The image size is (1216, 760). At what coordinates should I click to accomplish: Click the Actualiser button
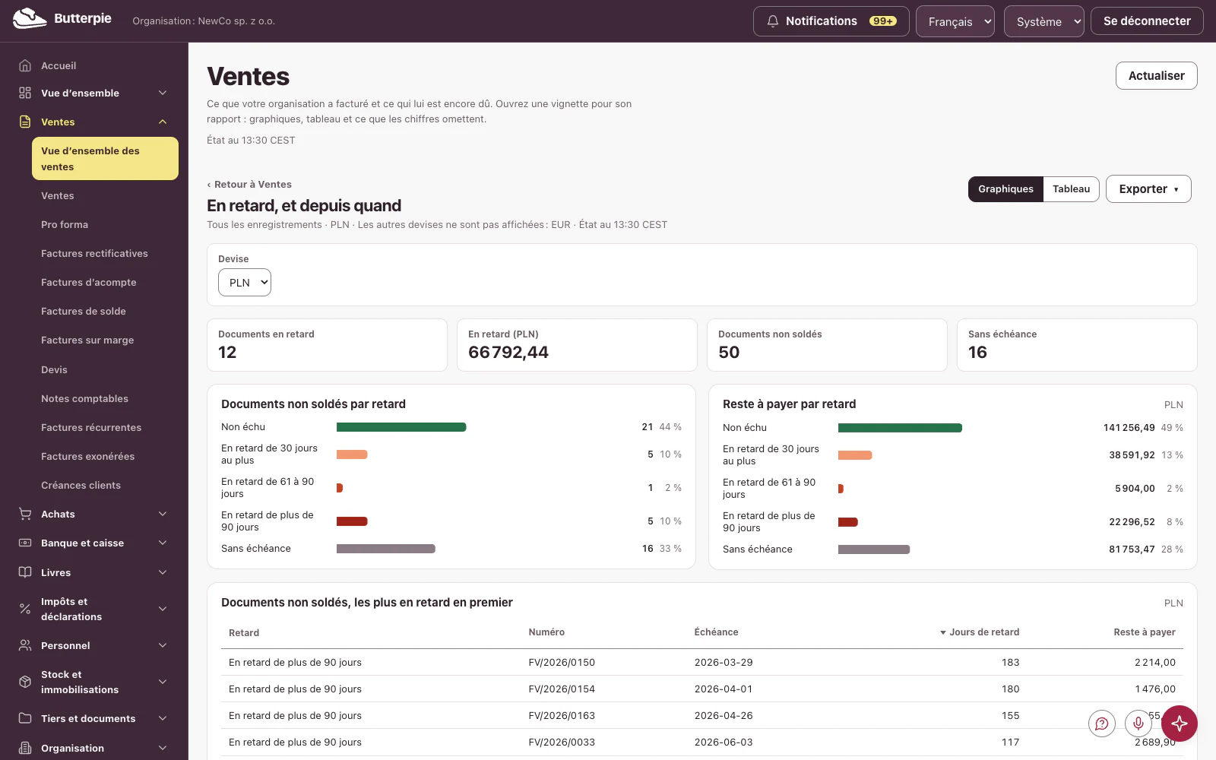tap(1156, 75)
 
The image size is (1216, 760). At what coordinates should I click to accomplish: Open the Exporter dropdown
tap(1148, 189)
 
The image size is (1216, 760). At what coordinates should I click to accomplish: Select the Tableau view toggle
tap(1071, 189)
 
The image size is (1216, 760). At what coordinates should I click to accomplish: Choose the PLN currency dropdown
tap(244, 282)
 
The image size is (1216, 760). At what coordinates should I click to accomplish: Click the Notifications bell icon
tap(772, 21)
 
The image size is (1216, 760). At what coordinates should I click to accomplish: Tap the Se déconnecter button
tap(1147, 21)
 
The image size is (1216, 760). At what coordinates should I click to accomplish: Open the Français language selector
tap(955, 22)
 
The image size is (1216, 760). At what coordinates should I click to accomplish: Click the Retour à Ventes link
tap(249, 184)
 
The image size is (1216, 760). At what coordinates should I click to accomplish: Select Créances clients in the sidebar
tap(81, 486)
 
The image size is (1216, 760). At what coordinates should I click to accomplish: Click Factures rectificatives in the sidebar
tap(94, 254)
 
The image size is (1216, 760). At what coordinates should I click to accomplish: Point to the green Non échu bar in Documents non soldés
tap(401, 427)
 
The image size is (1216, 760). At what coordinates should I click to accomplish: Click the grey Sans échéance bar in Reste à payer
tap(873, 549)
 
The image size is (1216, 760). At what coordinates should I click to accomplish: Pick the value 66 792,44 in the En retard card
tap(508, 353)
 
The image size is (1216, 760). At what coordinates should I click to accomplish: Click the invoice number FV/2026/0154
tap(562, 689)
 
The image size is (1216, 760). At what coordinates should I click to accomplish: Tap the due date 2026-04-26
tap(723, 715)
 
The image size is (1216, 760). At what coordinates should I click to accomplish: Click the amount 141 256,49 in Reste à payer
tap(1129, 428)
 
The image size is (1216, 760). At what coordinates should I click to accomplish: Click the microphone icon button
tap(1138, 724)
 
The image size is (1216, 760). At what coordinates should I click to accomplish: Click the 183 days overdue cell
tap(1010, 662)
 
